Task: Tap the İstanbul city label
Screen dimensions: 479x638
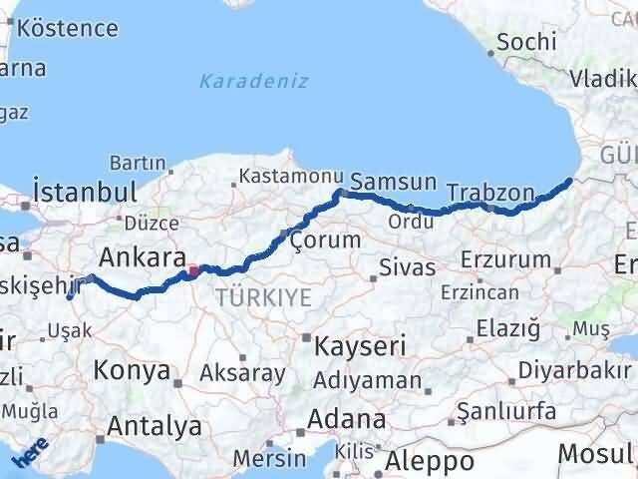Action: pos(84,191)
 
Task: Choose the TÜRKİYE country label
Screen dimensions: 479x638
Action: pos(263,296)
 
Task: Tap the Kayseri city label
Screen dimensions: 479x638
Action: pos(360,347)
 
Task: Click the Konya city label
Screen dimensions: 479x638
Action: pos(132,371)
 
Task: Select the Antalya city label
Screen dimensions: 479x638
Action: pos(154,426)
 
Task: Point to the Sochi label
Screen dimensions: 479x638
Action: pos(519,42)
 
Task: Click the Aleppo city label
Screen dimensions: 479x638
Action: pos(430,461)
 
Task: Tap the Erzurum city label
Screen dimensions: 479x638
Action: pos(506,260)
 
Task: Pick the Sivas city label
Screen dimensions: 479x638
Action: pos(407,267)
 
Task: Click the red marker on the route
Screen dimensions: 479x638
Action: pos(192,268)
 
